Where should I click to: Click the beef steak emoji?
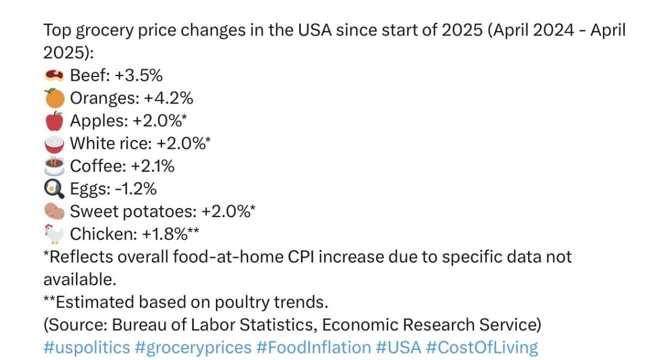click(x=54, y=75)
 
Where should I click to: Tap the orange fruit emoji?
click(x=54, y=97)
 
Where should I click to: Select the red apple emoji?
click(x=54, y=120)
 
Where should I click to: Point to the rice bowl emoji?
click(x=54, y=143)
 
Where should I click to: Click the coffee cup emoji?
click(x=54, y=166)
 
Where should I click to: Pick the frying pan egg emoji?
click(x=54, y=189)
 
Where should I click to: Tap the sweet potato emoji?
click(x=54, y=211)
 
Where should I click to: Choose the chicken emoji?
click(x=54, y=234)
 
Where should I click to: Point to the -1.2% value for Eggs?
click(x=136, y=189)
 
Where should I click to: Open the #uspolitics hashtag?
click(x=86, y=347)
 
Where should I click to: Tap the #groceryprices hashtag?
click(x=194, y=347)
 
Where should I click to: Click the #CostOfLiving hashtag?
click(x=482, y=347)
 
